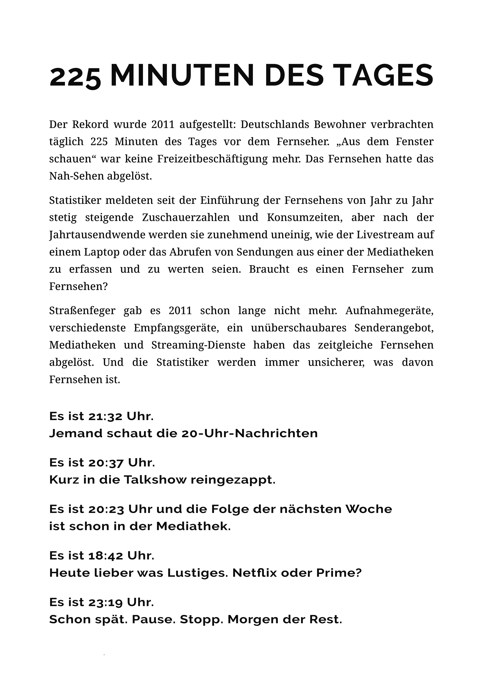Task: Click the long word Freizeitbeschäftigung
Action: pos(212,159)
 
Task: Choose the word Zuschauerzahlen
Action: pos(185,218)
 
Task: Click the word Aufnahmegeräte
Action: pos(389,310)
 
